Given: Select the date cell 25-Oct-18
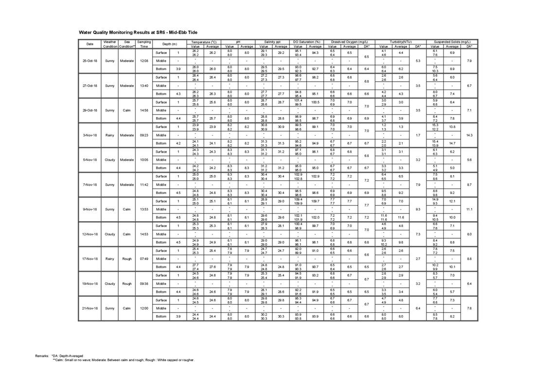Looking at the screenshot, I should click(90, 61).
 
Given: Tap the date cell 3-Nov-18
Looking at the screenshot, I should click(90, 135).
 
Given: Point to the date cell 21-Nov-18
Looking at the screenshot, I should click(90, 308).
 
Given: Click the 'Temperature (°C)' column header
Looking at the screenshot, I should click(204, 42).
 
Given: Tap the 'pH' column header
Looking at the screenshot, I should click(238, 42).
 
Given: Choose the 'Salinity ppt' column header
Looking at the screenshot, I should click(272, 42).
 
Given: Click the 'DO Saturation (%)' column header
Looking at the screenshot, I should click(307, 42).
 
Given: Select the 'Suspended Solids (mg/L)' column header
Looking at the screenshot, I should click(452, 42).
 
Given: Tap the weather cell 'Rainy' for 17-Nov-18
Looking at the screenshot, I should click(110, 259).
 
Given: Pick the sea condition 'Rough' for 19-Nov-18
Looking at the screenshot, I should click(127, 283).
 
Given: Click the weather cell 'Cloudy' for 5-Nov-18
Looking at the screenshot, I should click(110, 160).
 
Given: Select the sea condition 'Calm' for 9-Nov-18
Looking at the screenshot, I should click(127, 210).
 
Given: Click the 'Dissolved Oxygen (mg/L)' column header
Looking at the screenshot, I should click(349, 42).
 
